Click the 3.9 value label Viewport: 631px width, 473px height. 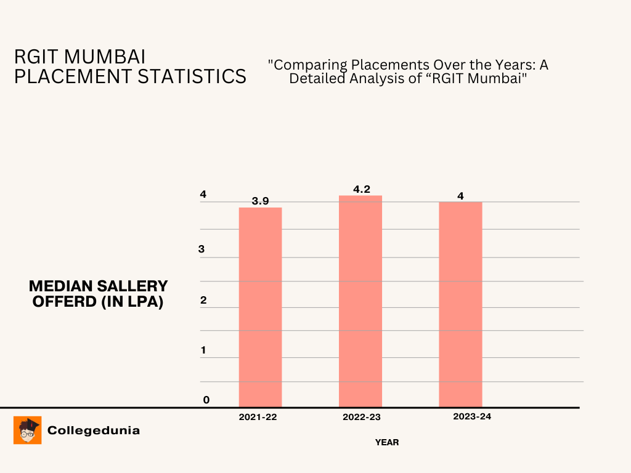click(260, 201)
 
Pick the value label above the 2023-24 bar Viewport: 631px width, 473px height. click(460, 196)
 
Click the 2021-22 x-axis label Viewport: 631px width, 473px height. click(258, 417)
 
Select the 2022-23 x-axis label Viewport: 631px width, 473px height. click(361, 417)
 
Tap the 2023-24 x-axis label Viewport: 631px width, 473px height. click(472, 416)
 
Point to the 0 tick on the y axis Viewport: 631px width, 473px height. click(206, 400)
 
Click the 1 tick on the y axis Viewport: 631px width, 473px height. click(203, 350)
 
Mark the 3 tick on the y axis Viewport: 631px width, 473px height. click(202, 249)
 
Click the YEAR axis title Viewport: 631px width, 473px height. click(387, 442)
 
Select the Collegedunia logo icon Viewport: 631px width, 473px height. click(27, 430)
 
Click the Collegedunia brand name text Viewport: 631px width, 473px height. click(94, 430)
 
